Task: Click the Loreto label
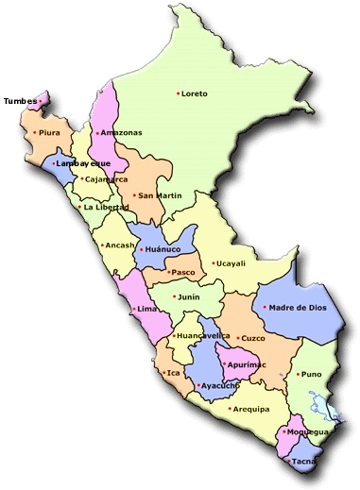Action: coord(194,93)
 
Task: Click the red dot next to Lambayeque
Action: coord(54,163)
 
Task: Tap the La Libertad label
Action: coord(105,207)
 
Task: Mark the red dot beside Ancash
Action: coord(101,245)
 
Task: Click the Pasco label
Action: coord(183,273)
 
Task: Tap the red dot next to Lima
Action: coord(132,309)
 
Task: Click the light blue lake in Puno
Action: coord(327,408)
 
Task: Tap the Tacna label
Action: coord(303,462)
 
